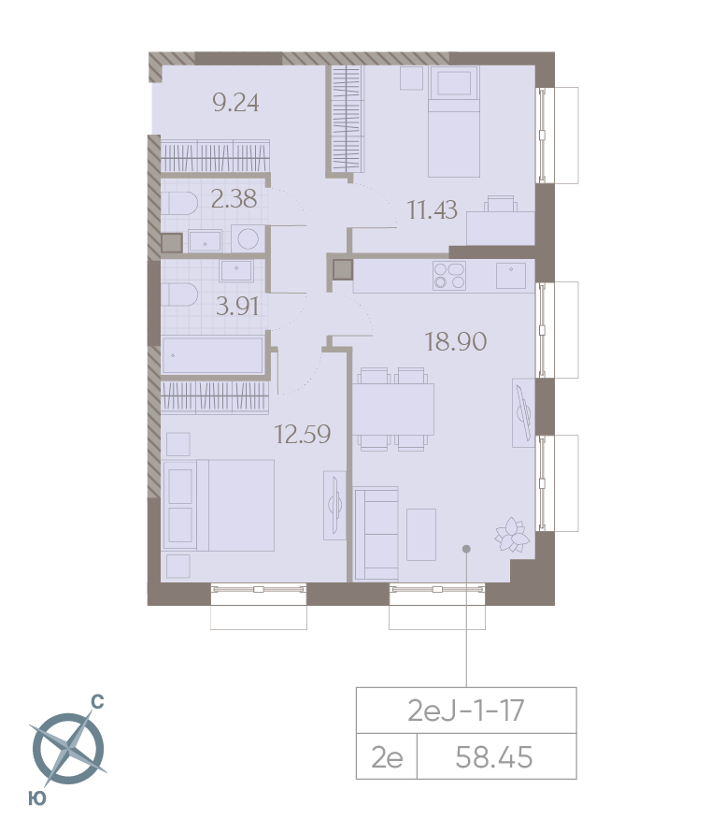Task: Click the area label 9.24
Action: tap(235, 103)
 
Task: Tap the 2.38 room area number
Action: tap(234, 199)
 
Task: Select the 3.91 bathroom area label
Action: tap(237, 307)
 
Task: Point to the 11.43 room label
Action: tap(432, 209)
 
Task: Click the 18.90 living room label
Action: tap(456, 341)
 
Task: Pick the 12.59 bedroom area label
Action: tap(303, 434)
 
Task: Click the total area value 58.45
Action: tap(494, 757)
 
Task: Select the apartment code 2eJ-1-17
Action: tap(466, 711)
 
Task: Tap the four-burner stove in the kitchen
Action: tap(449, 276)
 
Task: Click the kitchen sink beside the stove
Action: tap(511, 276)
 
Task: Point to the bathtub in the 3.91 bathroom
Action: tap(212, 355)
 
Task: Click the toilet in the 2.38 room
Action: tap(179, 203)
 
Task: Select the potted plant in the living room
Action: tap(513, 535)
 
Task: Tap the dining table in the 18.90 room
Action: tap(393, 409)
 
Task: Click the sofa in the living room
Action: tap(376, 534)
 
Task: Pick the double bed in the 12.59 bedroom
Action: tap(220, 505)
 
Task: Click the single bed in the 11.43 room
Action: tap(454, 122)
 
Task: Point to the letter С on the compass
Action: tap(98, 702)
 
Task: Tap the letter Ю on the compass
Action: tap(37, 798)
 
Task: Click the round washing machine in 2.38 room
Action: tap(248, 238)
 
